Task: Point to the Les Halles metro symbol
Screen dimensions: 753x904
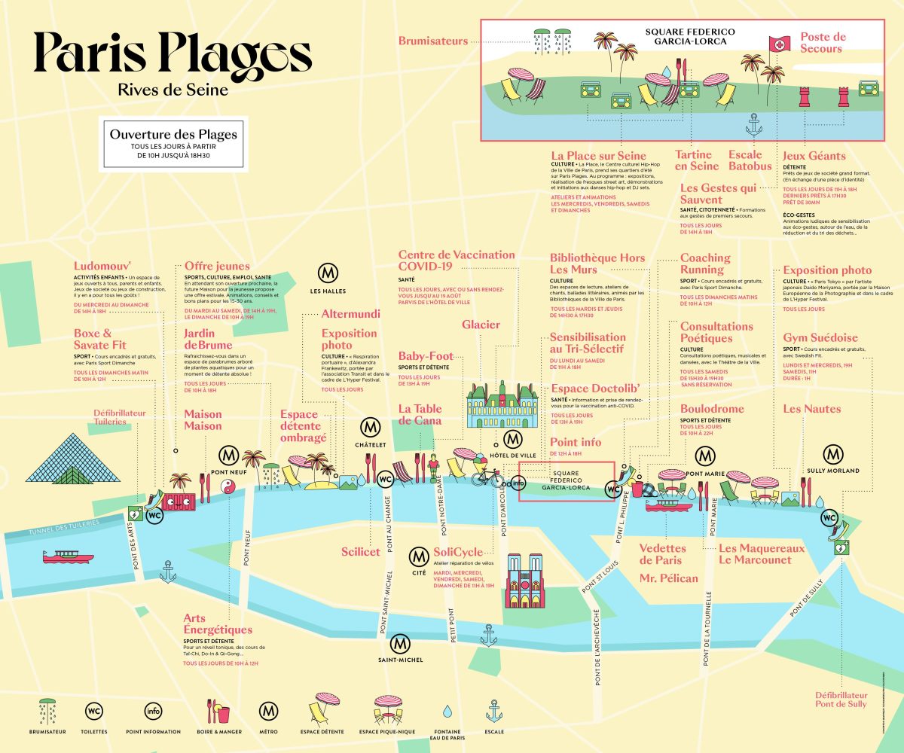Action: (x=327, y=272)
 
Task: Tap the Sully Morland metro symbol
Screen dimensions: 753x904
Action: (x=832, y=453)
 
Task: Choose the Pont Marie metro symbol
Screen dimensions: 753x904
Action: (x=705, y=456)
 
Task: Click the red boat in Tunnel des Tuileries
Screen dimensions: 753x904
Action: (x=69, y=557)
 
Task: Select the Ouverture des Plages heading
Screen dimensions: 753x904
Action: (x=173, y=135)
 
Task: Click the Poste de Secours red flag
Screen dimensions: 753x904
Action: (x=776, y=44)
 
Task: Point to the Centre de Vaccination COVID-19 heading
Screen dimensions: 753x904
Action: (x=457, y=261)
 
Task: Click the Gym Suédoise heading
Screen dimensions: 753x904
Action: (x=820, y=337)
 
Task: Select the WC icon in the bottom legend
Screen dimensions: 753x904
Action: (x=95, y=710)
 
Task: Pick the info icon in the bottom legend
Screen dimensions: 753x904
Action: (x=153, y=710)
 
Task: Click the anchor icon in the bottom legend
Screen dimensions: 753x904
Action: (x=494, y=709)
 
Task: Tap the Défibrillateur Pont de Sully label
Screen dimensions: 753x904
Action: (x=841, y=700)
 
